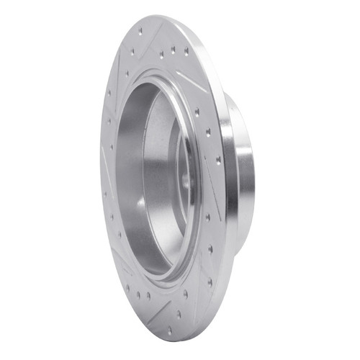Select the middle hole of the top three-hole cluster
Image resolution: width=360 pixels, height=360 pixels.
[x=173, y=51]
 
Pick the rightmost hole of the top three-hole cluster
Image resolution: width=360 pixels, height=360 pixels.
[x=186, y=50]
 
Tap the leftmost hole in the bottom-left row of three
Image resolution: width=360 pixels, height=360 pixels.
[x=127, y=288]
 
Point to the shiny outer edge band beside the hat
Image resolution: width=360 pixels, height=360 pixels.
[x=228, y=180]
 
